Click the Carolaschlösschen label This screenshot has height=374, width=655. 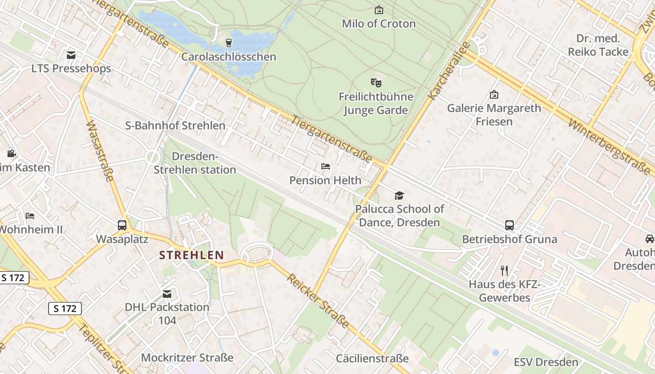[x=229, y=57]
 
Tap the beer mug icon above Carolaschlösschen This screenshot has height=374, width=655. [x=229, y=43]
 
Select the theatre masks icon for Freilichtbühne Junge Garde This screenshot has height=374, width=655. [x=376, y=83]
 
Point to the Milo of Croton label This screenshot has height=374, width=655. [x=378, y=23]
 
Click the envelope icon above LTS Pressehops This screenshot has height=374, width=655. [x=71, y=55]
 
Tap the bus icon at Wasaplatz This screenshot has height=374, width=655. [x=122, y=225]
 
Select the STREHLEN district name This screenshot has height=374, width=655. [x=191, y=255]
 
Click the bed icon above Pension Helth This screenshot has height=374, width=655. [x=326, y=166]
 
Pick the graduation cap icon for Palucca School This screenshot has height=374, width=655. [x=399, y=195]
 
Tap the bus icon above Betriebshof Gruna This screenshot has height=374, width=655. [x=509, y=225]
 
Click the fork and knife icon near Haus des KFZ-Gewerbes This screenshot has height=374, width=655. [x=504, y=270]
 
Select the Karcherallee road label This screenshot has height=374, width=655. [x=448, y=71]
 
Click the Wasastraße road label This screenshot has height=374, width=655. [x=101, y=151]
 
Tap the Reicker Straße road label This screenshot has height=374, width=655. [x=318, y=301]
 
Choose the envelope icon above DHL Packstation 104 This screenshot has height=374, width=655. [x=167, y=294]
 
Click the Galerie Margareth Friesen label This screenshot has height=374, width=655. [x=494, y=115]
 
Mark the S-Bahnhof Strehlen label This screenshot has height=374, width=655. [x=175, y=126]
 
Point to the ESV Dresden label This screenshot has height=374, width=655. [x=546, y=362]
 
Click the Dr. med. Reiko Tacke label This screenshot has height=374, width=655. [x=598, y=45]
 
